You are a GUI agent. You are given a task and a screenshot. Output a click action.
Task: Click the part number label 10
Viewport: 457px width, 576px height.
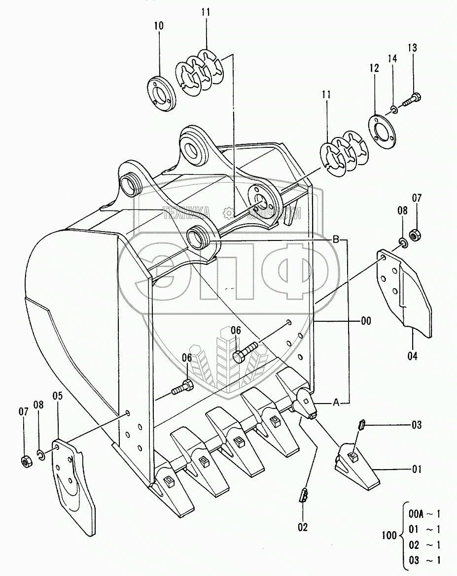[159, 25]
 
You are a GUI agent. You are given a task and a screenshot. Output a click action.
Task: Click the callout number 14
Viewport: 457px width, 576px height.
[392, 58]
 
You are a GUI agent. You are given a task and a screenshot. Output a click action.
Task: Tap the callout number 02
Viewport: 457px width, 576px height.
[303, 527]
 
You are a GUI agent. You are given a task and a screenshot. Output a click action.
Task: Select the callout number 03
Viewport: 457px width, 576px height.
[417, 424]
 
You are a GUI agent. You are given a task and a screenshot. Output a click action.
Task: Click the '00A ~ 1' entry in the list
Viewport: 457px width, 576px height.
[424, 514]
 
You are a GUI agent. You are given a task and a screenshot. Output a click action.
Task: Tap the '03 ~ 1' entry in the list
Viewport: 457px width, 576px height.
[424, 559]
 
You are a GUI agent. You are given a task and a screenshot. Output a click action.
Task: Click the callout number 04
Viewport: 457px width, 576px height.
[412, 355]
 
